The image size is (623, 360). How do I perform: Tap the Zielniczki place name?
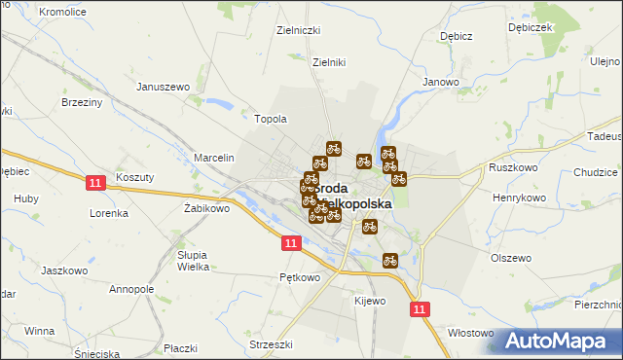(299, 30)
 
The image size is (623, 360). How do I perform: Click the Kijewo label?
(371, 301)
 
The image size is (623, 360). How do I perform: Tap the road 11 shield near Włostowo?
(420, 308)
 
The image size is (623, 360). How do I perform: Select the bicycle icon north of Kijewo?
(390, 260)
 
